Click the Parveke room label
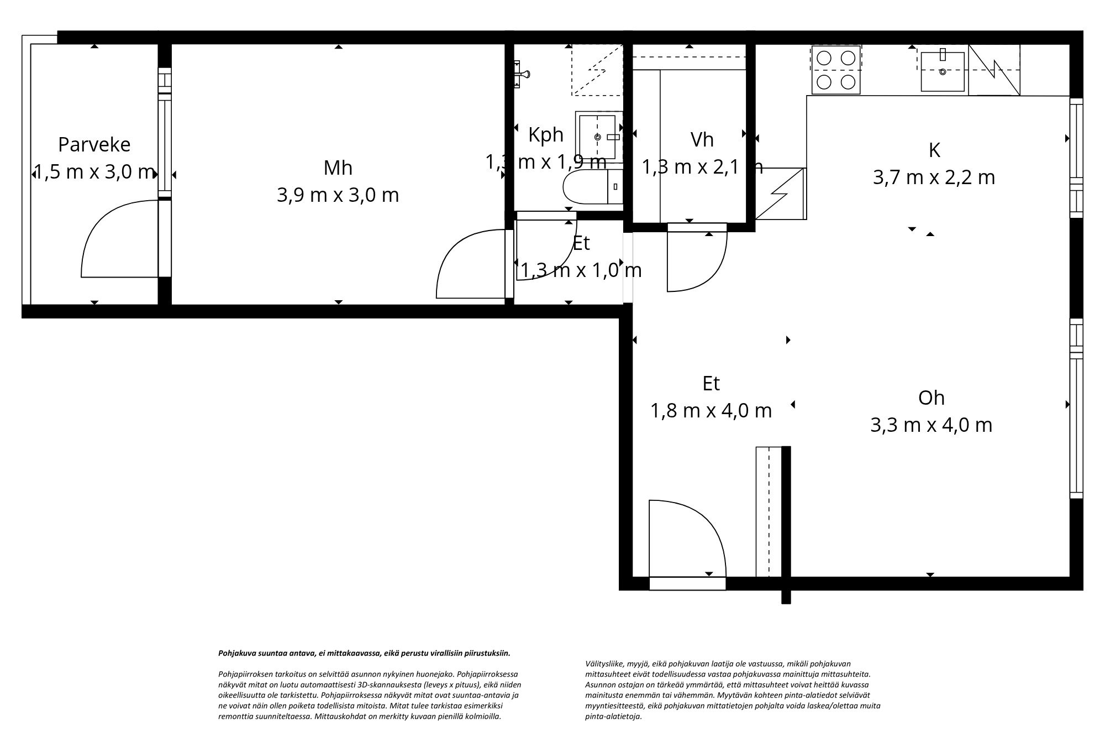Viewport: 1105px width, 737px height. [x=94, y=145]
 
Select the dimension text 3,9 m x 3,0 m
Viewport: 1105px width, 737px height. [x=338, y=195]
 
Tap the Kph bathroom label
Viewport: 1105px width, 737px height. [x=545, y=134]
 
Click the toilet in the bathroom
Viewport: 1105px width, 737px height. [x=591, y=188]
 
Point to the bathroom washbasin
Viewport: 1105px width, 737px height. [x=597, y=136]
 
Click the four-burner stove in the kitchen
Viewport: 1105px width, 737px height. [x=835, y=70]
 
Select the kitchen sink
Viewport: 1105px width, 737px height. [x=942, y=71]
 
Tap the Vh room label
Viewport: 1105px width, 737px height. [x=702, y=140]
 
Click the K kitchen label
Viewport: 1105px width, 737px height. [x=934, y=150]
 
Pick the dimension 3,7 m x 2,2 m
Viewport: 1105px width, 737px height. [x=934, y=177]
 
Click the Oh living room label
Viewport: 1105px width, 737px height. [x=931, y=398]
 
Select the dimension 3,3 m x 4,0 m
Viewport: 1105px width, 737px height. [x=931, y=425]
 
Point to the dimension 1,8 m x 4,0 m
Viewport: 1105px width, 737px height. [x=711, y=411]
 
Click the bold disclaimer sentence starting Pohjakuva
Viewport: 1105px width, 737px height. [x=364, y=653]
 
